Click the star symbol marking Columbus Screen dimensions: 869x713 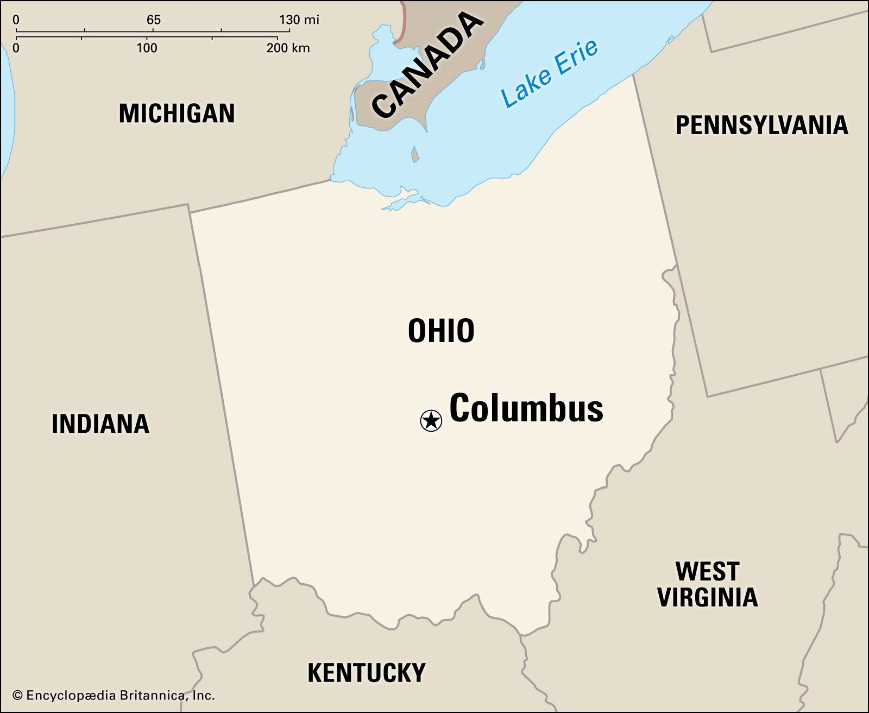click(x=431, y=420)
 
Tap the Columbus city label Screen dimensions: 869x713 click(x=526, y=408)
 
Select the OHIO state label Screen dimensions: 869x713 click(x=441, y=331)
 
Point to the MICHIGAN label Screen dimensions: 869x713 click(x=177, y=113)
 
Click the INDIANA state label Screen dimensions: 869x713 click(x=100, y=424)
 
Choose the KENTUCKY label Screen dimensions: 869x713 click(x=367, y=673)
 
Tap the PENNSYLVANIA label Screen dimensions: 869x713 click(x=761, y=125)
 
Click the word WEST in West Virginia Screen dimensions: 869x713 click(x=707, y=571)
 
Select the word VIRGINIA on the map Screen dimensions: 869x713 click(x=707, y=597)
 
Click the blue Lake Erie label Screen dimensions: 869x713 click(x=550, y=73)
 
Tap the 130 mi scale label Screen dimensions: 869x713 click(x=299, y=20)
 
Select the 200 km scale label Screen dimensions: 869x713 click(x=288, y=48)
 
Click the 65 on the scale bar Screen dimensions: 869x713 click(x=154, y=20)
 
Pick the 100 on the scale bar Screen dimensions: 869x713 click(x=147, y=48)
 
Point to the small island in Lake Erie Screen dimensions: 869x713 click(x=415, y=155)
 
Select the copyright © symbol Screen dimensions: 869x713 click(x=17, y=695)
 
